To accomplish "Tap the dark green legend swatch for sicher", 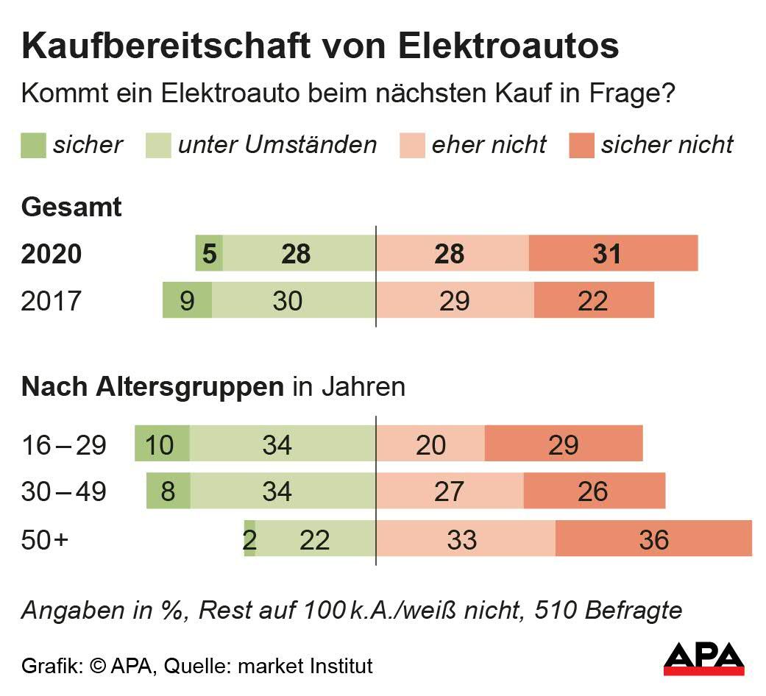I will point(33,145).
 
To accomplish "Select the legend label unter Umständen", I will point(277,145).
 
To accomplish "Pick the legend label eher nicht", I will point(489,145).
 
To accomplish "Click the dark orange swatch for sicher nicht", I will point(581,145).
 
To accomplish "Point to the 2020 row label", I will point(52,254).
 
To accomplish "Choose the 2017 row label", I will point(52,301).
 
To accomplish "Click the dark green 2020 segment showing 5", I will point(209,254).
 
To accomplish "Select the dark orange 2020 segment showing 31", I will point(612,254).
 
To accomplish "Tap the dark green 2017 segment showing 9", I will point(187,301).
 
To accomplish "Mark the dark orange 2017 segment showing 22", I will point(593,301).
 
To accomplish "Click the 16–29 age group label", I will point(65,444).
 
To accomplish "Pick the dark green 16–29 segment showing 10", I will point(162,444).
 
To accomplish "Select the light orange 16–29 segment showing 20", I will point(430,444).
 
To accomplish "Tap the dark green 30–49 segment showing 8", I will point(169,491).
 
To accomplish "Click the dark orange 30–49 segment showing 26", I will point(594,491).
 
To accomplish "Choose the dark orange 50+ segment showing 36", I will point(653,539).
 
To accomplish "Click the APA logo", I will point(703,658).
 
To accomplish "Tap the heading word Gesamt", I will point(72,207).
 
